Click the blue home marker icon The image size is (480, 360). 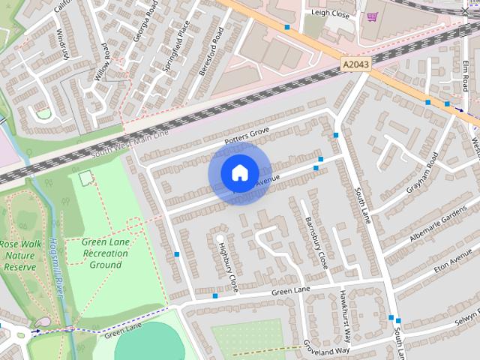[238, 172]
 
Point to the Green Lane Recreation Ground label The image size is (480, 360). [105, 253]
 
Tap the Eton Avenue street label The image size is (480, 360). [451, 263]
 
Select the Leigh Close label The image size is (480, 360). [331, 13]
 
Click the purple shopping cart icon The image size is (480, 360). [373, 16]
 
